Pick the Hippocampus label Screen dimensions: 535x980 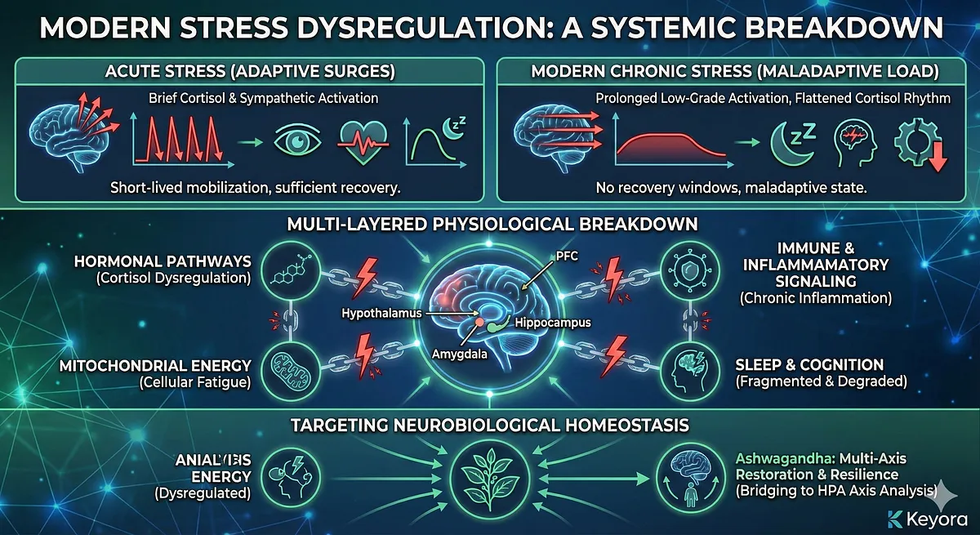(552, 323)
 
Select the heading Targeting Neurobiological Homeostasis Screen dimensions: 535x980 (490, 425)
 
